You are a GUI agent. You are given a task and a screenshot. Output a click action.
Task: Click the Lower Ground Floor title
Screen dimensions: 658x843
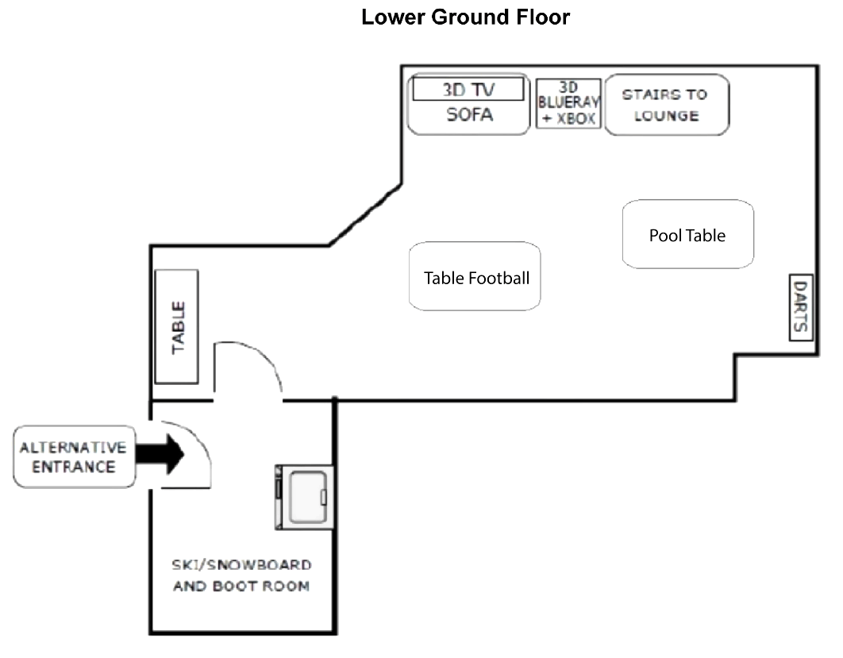tap(465, 17)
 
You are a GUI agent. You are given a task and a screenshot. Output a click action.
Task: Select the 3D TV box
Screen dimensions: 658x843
tap(468, 89)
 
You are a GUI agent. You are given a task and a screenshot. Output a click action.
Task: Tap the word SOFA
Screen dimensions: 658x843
tap(469, 115)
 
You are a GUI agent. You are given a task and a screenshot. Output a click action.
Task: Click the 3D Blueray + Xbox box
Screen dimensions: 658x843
tap(568, 104)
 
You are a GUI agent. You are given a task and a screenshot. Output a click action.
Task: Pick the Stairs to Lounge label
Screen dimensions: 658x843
tap(666, 105)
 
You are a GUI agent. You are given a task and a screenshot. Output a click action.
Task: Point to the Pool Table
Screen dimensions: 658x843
tap(687, 235)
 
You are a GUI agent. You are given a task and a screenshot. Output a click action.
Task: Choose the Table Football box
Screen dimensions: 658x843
tap(475, 276)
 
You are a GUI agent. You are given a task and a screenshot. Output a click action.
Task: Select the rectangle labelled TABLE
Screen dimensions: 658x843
tap(176, 326)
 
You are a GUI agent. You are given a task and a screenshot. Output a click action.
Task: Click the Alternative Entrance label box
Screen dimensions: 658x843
tap(74, 456)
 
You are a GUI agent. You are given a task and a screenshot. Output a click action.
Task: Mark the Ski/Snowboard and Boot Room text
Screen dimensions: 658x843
tap(241, 575)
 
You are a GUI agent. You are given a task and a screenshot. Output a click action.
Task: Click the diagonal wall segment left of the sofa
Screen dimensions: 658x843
tap(366, 215)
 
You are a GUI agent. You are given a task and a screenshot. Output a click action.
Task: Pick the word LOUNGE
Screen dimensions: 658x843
tap(666, 116)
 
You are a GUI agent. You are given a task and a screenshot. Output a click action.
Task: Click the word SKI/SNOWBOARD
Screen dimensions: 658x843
tap(241, 565)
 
